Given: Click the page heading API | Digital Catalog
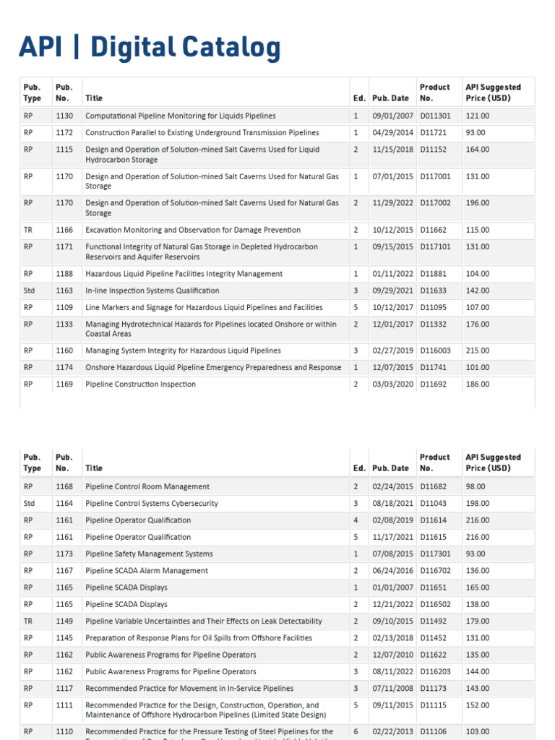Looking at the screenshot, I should tap(150, 48).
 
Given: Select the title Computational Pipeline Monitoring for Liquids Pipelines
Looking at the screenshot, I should tap(180, 116).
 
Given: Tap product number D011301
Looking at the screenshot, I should tap(436, 116).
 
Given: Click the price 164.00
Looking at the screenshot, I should tap(478, 150).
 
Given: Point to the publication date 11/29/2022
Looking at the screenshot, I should tap(393, 203).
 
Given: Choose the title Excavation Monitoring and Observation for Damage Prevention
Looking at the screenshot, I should tap(192, 230).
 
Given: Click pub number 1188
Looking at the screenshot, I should tap(64, 274).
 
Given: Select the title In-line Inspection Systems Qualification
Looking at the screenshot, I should tap(152, 291).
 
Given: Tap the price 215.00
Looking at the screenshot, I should tap(478, 350).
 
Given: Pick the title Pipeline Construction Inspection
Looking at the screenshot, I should tap(140, 384).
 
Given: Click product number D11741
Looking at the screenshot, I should tap(434, 367).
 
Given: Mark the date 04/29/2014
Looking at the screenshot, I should tap(393, 133).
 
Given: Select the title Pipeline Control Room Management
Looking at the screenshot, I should tap(147, 486).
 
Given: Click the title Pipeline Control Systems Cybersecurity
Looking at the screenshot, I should tap(151, 503).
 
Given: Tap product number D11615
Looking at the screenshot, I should tap(434, 537).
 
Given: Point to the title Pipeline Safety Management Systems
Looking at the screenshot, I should tap(149, 554).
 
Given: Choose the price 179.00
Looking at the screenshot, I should tap(478, 621).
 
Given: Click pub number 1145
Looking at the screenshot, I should tap(64, 637).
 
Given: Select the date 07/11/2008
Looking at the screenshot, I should tap(393, 688).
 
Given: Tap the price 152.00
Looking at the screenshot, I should tap(478, 705).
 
